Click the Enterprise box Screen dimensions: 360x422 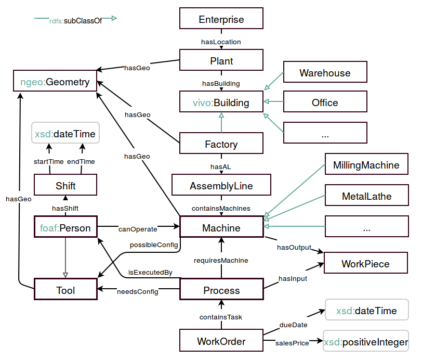[x=221, y=20]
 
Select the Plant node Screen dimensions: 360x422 [x=221, y=61]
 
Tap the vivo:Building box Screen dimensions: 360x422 [x=221, y=102]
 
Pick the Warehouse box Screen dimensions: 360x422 [x=325, y=73]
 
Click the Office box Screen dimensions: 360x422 [x=325, y=102]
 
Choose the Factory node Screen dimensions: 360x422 [x=221, y=144]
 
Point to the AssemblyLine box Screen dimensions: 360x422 [x=221, y=186]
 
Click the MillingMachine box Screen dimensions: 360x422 [x=366, y=165]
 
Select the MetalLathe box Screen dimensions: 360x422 [x=366, y=197]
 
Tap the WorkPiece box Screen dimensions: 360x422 [x=365, y=264]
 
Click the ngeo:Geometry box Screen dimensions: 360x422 [x=55, y=82]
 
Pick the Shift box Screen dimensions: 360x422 [x=65, y=186]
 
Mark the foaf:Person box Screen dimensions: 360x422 [x=65, y=228]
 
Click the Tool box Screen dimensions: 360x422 [x=65, y=290]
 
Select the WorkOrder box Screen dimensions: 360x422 [x=221, y=342]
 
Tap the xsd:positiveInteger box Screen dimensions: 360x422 [x=366, y=342]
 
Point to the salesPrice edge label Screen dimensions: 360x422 [x=292, y=343]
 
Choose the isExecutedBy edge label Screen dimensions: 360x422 [x=150, y=272]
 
